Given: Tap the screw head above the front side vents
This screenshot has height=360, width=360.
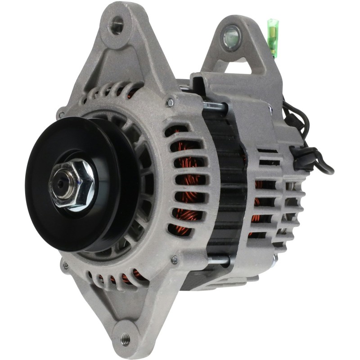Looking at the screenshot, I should pos(170,103).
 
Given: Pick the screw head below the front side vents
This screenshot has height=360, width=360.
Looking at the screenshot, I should pos(174,259).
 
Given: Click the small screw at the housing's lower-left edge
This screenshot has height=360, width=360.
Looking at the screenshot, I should pos(66,265).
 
